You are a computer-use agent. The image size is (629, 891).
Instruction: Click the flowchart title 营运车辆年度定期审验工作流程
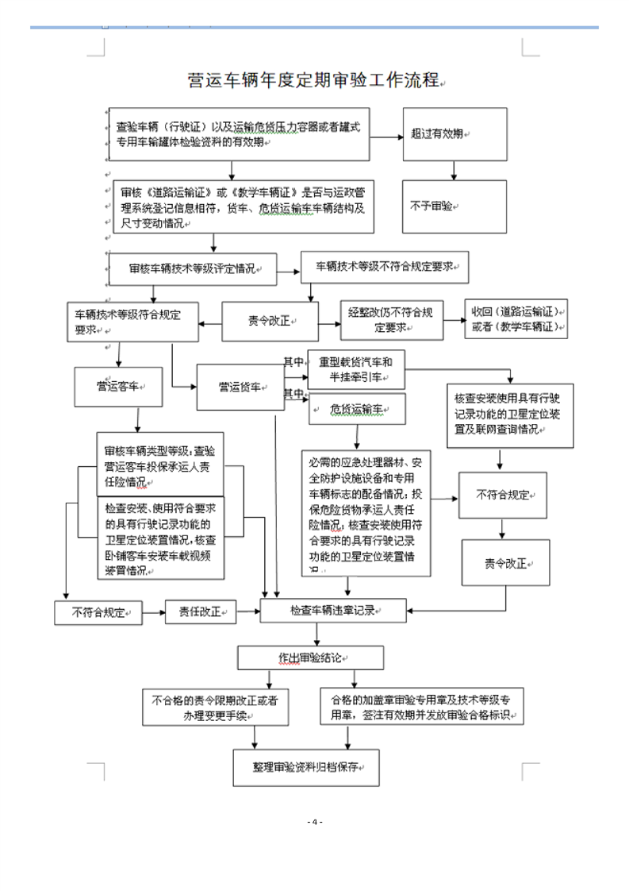tap(314, 80)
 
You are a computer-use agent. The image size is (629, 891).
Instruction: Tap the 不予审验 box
tap(454, 206)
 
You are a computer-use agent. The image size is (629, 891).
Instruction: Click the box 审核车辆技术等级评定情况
tap(193, 268)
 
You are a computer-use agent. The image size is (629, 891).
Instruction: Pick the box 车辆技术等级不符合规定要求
tap(385, 266)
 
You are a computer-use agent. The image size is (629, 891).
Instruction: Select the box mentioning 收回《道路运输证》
tap(516, 318)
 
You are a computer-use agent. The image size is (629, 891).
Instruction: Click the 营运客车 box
tap(119, 387)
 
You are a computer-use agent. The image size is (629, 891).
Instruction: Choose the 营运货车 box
tap(240, 387)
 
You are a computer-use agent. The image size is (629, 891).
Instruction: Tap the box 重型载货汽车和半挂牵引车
tap(355, 368)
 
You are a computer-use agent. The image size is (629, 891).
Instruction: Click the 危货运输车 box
tap(357, 409)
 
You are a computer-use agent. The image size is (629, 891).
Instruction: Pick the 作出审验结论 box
tap(311, 658)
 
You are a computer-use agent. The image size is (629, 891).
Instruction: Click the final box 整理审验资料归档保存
tap(305, 768)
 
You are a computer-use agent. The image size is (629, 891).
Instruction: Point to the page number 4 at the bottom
tap(315, 821)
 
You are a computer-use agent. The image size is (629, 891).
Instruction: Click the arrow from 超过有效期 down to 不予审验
tap(453, 169)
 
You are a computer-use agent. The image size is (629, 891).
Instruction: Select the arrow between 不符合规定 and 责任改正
tap(151, 612)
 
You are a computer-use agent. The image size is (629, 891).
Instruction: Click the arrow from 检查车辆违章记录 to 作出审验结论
tap(317, 634)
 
